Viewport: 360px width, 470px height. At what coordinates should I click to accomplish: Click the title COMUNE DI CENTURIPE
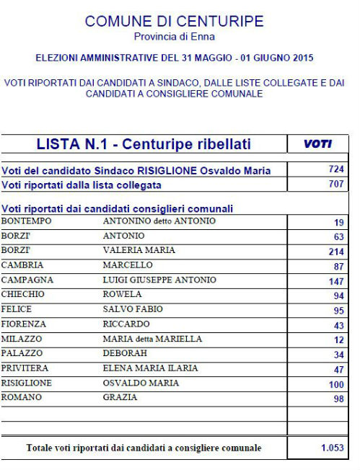[174, 21]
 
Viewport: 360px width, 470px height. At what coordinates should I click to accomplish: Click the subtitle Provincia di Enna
[174, 36]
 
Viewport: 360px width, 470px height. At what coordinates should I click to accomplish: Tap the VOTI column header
[317, 144]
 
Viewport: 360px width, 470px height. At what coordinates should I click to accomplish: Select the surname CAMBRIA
[22, 265]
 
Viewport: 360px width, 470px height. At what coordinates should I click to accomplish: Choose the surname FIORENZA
[24, 324]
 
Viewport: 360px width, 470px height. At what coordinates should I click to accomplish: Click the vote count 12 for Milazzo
[338, 340]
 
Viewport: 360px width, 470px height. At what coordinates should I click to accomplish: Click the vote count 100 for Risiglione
[335, 384]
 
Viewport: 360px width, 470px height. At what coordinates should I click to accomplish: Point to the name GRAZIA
[120, 397]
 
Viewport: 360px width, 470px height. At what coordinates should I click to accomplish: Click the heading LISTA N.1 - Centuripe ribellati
[144, 144]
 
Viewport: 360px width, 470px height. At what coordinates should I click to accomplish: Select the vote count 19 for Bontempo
[338, 223]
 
